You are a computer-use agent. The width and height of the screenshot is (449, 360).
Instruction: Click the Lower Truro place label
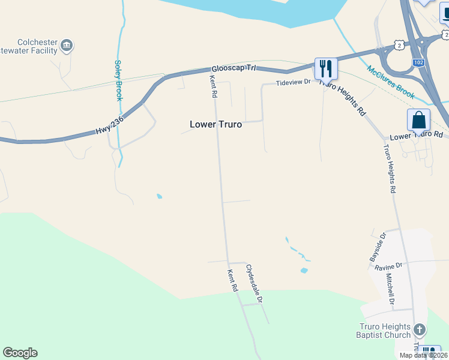coord(215,124)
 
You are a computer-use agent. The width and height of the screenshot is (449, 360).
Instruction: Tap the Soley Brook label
coord(118,80)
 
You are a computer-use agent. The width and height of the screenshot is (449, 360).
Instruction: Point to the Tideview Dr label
coord(293,82)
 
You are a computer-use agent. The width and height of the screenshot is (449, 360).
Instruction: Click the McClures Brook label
coord(391,83)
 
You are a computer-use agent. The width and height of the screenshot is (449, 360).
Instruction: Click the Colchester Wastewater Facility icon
coord(67,45)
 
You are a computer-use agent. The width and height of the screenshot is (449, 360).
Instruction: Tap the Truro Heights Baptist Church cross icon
coord(420,329)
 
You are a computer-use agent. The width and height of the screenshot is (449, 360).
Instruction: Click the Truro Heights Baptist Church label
coord(385,331)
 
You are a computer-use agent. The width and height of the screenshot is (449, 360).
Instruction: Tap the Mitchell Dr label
coord(389,288)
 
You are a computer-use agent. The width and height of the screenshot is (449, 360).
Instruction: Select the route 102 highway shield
coord(419,62)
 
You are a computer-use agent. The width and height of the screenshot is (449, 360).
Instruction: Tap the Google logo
coord(20,353)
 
